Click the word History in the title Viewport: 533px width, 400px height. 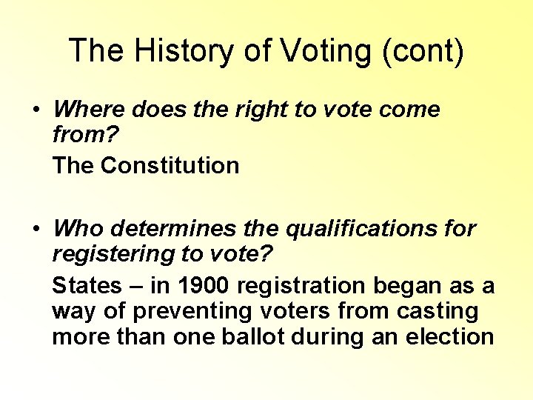169,52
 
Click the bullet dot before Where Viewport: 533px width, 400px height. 36,110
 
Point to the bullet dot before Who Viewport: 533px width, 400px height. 36,229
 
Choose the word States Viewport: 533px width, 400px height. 87,285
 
